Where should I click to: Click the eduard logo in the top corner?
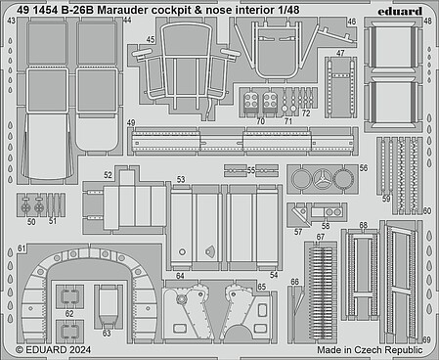[x=400, y=11]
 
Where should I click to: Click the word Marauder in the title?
[x=122, y=10]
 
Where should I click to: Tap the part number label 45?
[x=151, y=40]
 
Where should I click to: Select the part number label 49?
[x=131, y=123]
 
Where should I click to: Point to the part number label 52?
[x=109, y=175]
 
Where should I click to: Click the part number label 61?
[x=22, y=248]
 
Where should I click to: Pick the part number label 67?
[x=321, y=237]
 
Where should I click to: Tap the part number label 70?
[x=260, y=121]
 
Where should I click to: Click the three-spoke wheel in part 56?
[x=323, y=179]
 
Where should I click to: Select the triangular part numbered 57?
[x=301, y=215]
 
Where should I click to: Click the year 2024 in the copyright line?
[x=79, y=350]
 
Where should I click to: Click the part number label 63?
[x=107, y=334]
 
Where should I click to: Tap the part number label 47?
[x=340, y=53]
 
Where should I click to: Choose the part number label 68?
[x=364, y=225]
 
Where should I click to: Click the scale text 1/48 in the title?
[x=288, y=10]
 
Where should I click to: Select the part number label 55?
[x=251, y=170]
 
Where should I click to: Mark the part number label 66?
[x=294, y=282]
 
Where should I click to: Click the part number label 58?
[x=326, y=226]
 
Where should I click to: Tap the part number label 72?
[x=306, y=113]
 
